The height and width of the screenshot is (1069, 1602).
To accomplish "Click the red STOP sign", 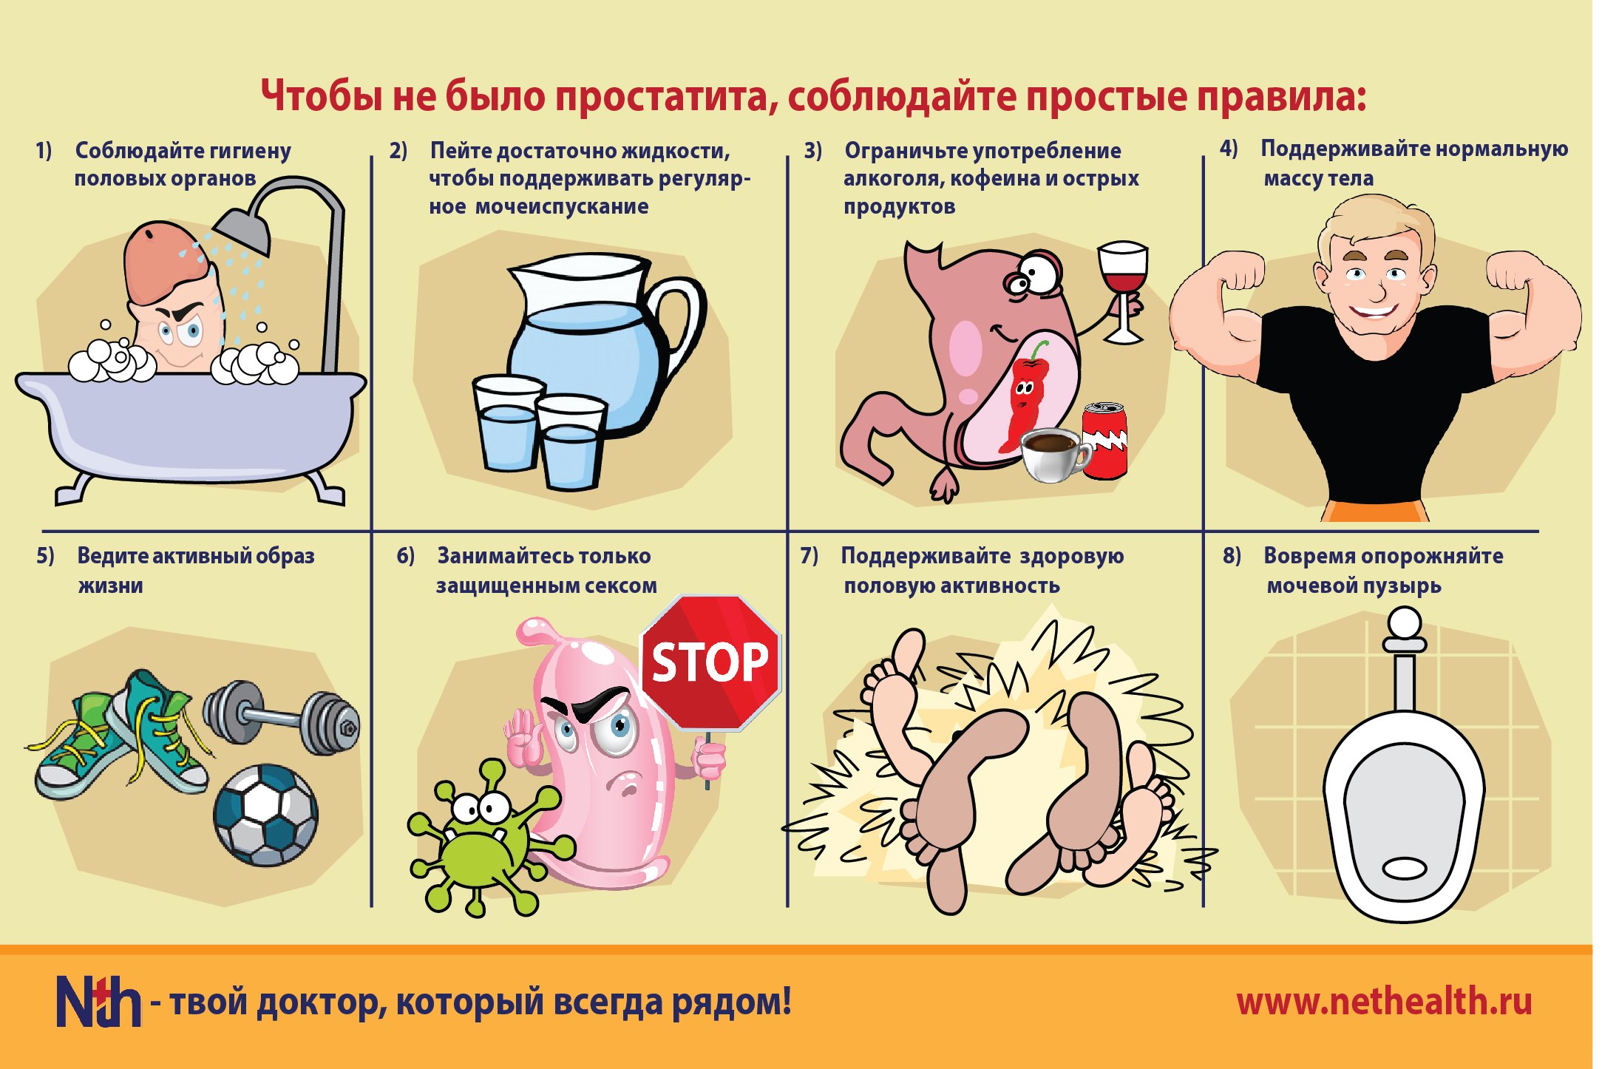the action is point(710,662).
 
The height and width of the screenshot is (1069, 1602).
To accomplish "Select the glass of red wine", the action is point(1123,291).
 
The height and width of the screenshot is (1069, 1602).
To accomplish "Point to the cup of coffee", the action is point(1054,454).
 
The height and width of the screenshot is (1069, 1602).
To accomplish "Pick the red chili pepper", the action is point(1023,396).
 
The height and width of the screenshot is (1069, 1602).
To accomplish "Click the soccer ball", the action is point(266,815).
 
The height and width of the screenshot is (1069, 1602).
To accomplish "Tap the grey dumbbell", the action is point(282,717).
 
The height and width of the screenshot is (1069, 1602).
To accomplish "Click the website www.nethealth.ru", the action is point(1384,1002).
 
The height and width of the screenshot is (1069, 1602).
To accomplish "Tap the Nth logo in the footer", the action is point(98,1001).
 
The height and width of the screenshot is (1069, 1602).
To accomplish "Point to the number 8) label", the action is point(1232,555).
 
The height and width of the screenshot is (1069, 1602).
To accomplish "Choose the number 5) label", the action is point(45,555).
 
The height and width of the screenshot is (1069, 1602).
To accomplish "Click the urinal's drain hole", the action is point(1404,867).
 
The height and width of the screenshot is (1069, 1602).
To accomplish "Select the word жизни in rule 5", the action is point(111,586).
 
